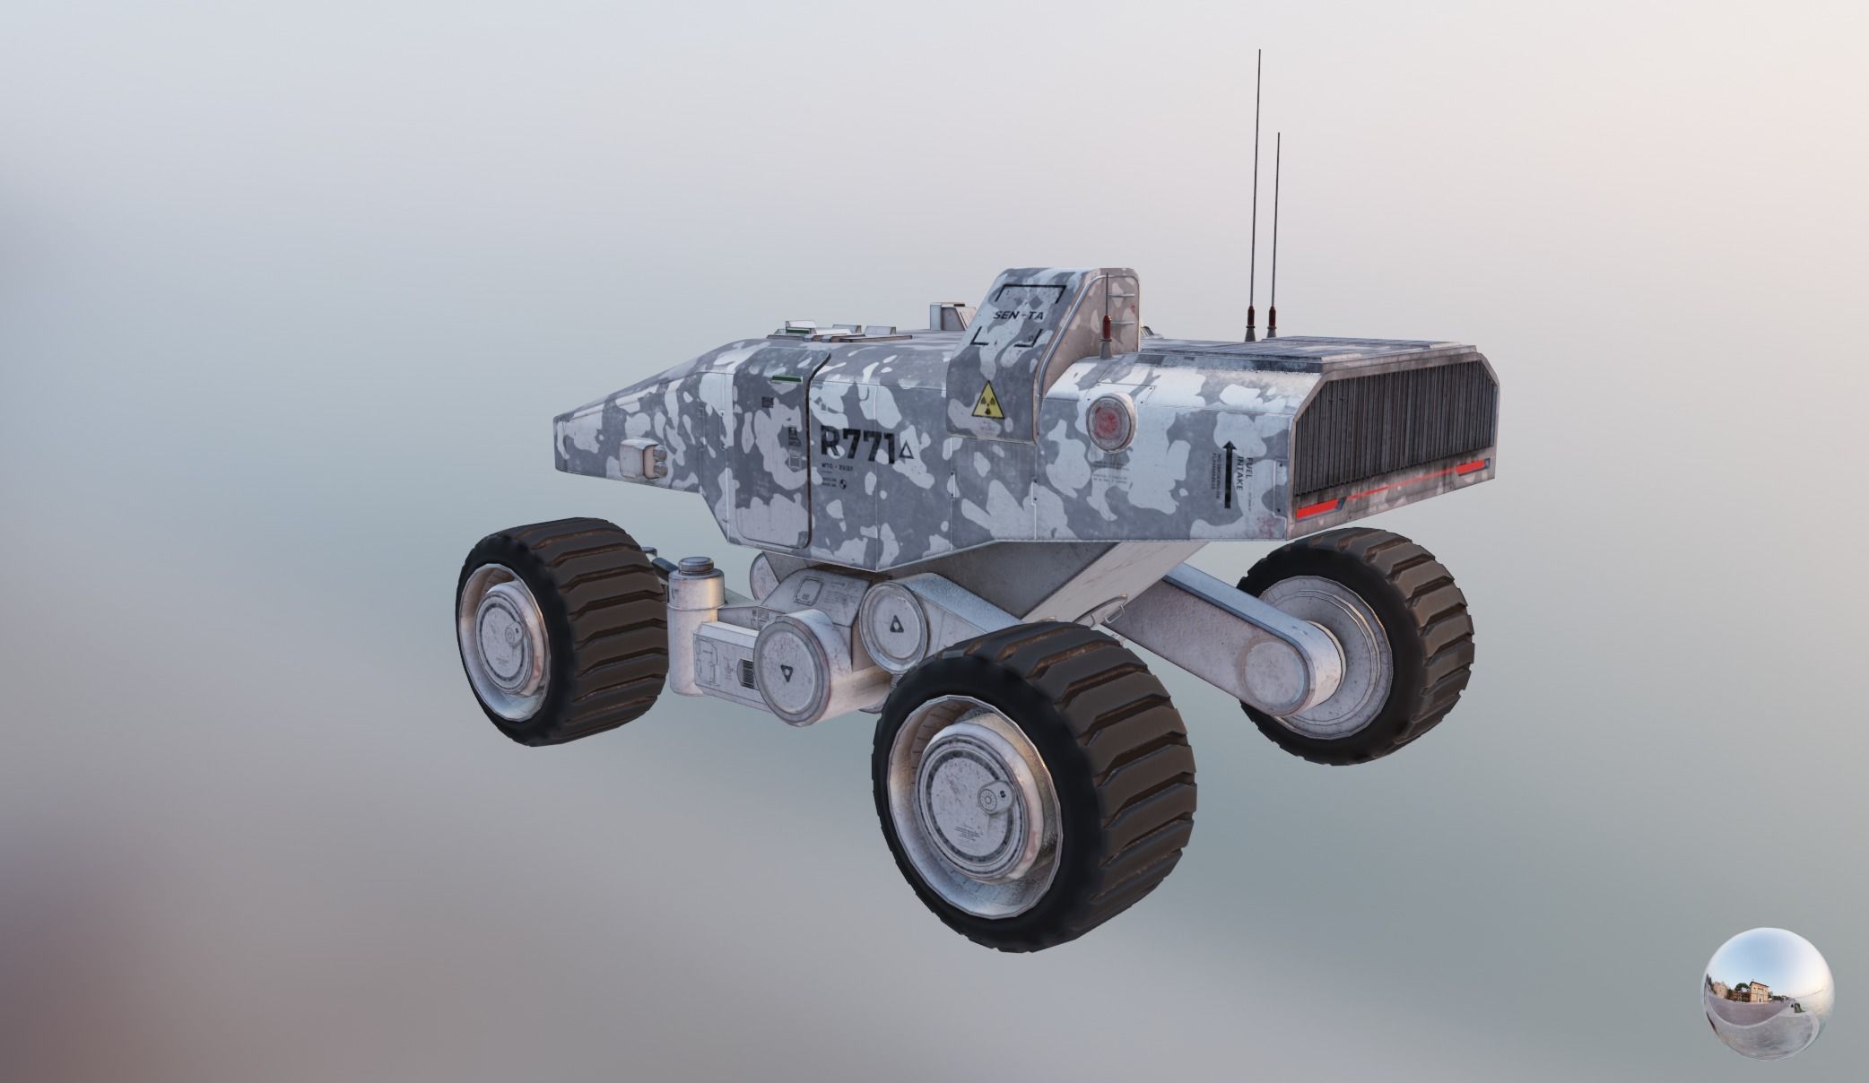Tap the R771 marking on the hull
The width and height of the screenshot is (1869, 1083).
857,445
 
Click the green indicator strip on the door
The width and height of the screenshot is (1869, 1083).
785,378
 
